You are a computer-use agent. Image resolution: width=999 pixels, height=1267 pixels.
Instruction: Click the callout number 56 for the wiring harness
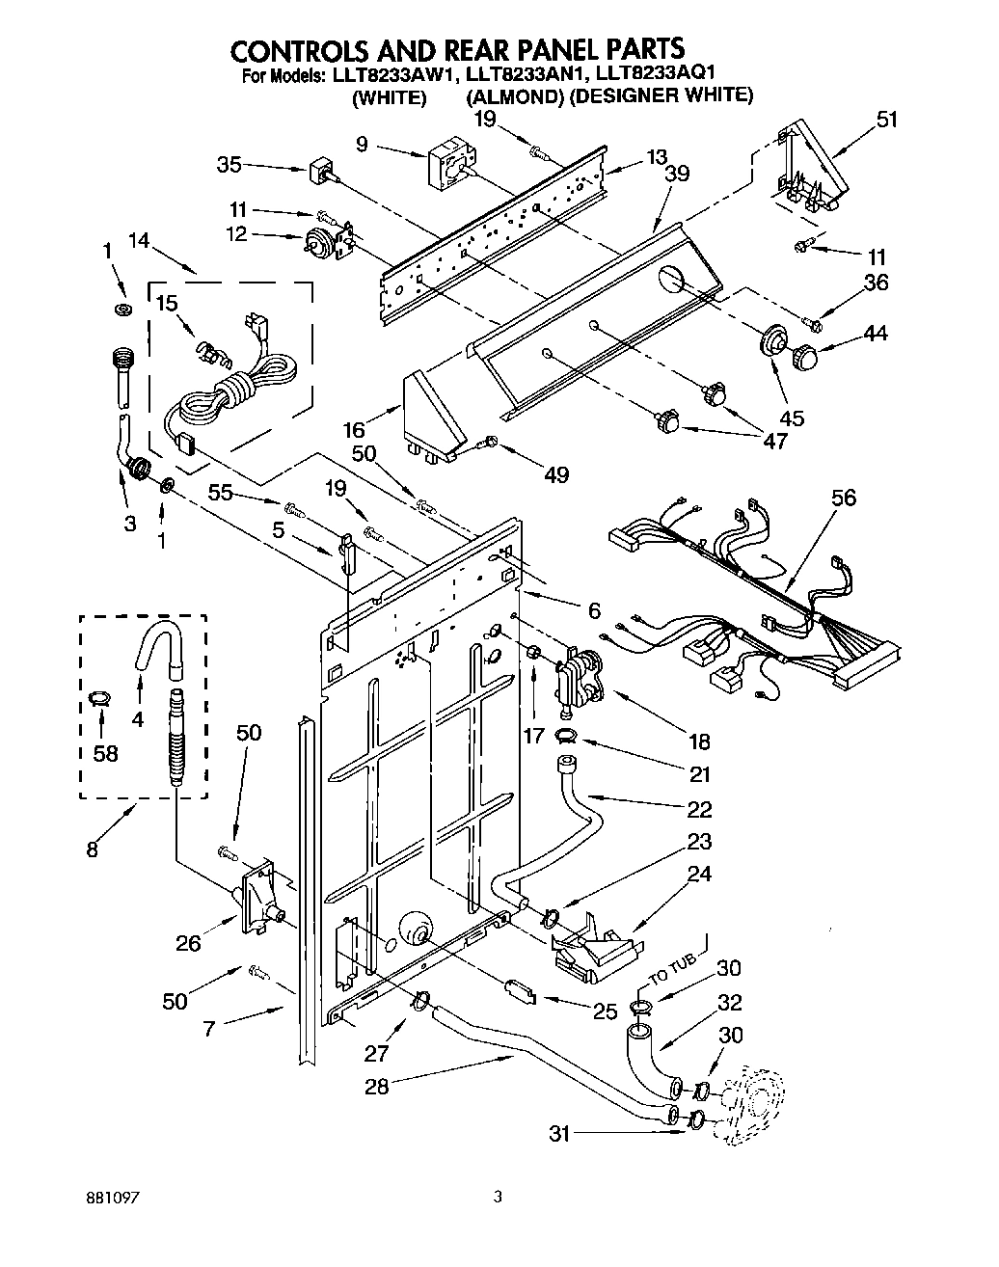843,499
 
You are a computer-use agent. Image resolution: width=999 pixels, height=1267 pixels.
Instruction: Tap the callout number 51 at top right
886,120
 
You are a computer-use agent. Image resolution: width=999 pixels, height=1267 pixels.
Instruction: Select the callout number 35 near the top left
229,164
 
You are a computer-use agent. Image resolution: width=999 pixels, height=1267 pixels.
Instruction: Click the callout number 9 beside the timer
362,146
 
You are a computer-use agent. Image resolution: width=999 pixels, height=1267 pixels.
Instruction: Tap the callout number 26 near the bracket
188,943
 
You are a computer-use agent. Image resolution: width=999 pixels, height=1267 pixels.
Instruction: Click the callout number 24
699,874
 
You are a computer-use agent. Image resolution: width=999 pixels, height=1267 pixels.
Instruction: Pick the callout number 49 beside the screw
556,473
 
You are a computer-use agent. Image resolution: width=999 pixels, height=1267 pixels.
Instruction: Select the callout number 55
222,493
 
